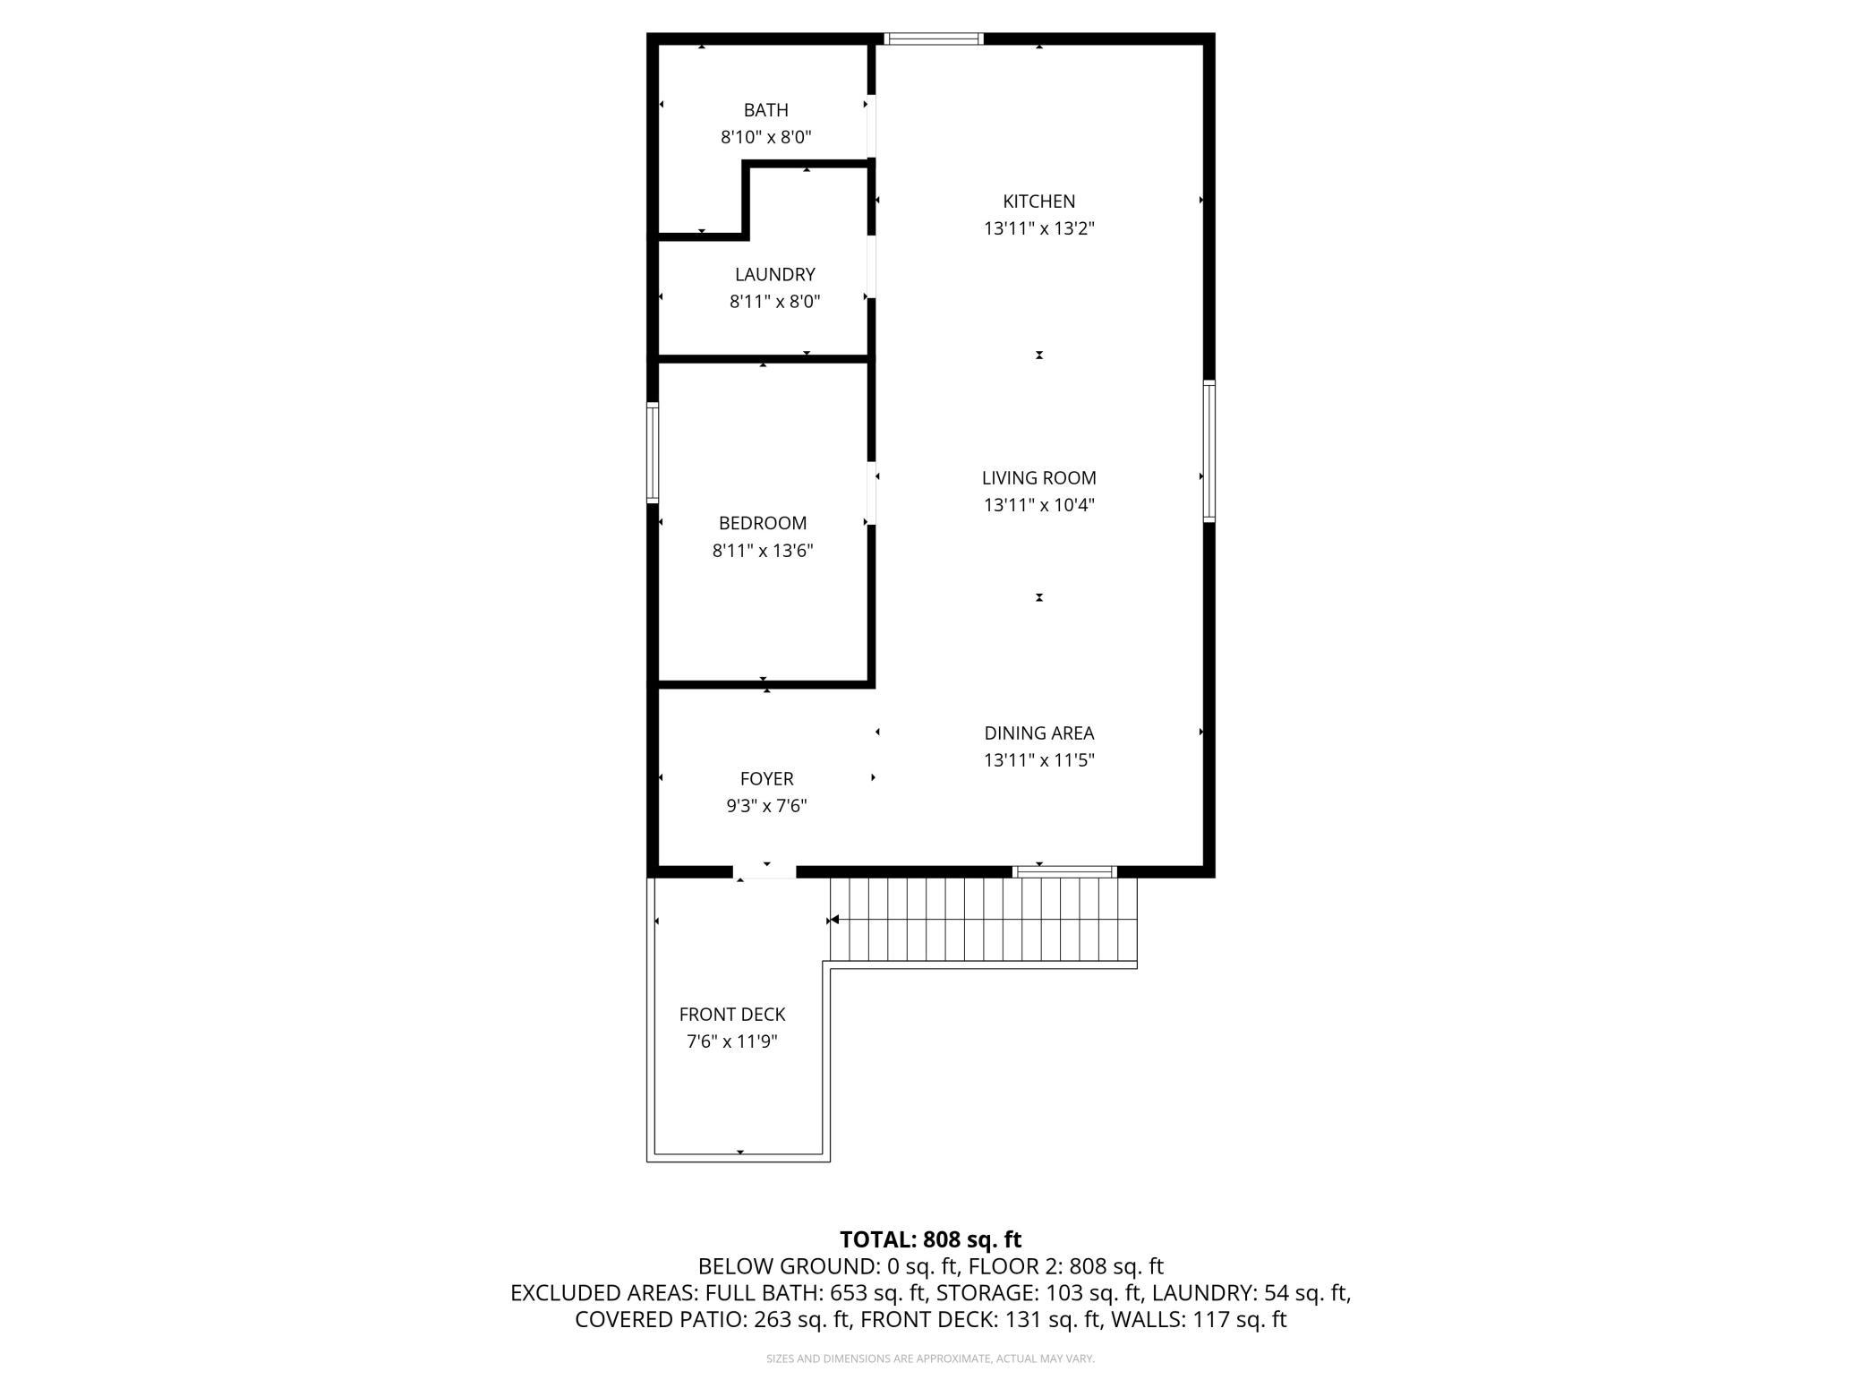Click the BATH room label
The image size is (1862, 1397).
pos(766,110)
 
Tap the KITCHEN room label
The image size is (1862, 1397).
pos(1038,201)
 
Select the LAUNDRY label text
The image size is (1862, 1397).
pos(775,275)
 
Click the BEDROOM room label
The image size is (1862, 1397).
pos(763,523)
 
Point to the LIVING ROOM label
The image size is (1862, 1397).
pos(1038,478)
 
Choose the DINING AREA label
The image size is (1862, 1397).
pos(1038,733)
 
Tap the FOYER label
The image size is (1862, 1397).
pos(766,779)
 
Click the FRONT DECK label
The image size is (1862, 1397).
pos(732,1015)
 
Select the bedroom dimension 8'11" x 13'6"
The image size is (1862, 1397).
pos(763,551)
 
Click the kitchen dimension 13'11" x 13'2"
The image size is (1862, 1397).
pos(1038,228)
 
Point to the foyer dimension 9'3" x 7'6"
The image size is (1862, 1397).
pos(766,806)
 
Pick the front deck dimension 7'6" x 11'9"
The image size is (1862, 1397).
pos(732,1041)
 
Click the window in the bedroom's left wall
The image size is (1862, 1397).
pos(653,452)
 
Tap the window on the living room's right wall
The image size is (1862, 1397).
pos(1209,450)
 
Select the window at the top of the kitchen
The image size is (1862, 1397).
pos(934,39)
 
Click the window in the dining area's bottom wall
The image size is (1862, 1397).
pos(1064,871)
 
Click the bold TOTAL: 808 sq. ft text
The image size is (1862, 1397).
pos(930,1239)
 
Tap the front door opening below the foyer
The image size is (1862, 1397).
pos(764,871)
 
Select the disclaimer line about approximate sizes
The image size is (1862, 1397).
pos(930,1358)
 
